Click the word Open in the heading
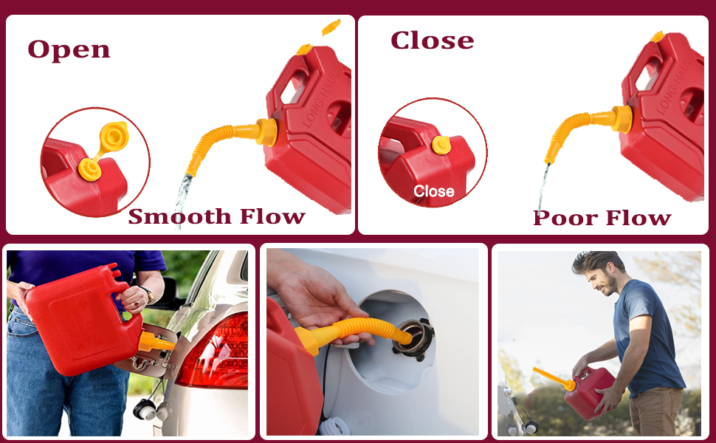tap(69, 50)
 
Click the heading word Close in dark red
tap(432, 41)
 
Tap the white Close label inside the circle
tap(433, 191)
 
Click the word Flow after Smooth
tap(272, 216)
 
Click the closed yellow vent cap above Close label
tap(441, 145)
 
